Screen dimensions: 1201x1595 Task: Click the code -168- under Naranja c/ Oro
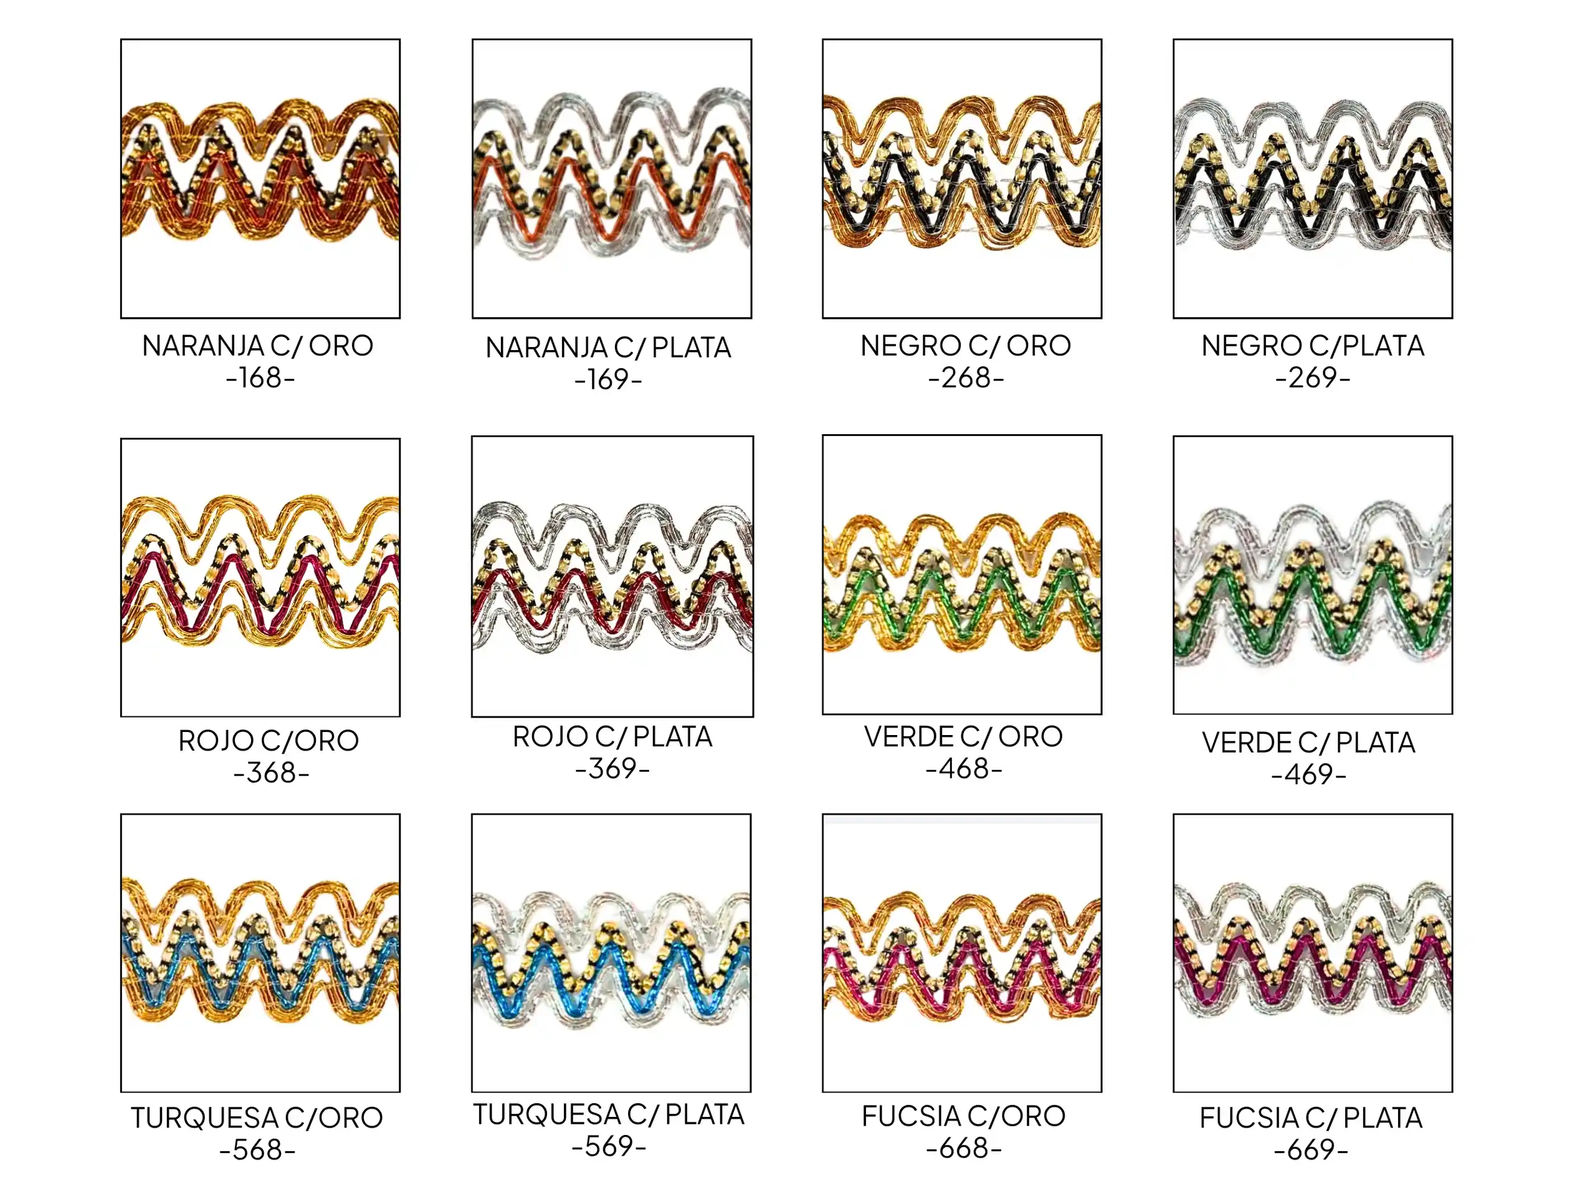click(x=260, y=377)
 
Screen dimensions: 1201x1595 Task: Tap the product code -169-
click(x=608, y=380)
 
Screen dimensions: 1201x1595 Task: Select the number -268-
click(x=966, y=377)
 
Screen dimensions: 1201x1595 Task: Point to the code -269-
click(x=1312, y=377)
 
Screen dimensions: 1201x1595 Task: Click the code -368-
click(x=271, y=773)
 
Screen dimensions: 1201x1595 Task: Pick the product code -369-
click(x=612, y=769)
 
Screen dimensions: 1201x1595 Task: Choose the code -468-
click(x=964, y=769)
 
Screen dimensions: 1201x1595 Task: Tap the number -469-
click(x=1309, y=775)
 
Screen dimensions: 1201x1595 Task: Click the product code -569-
click(x=609, y=1146)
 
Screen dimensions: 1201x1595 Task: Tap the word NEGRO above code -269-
click(x=1251, y=346)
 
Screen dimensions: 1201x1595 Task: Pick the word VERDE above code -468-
click(x=908, y=737)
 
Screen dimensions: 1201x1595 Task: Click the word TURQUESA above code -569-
click(x=546, y=1114)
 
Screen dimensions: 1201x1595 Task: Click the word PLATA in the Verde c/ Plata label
click(x=1376, y=743)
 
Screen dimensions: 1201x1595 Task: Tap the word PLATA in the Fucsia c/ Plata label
click(x=1383, y=1118)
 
